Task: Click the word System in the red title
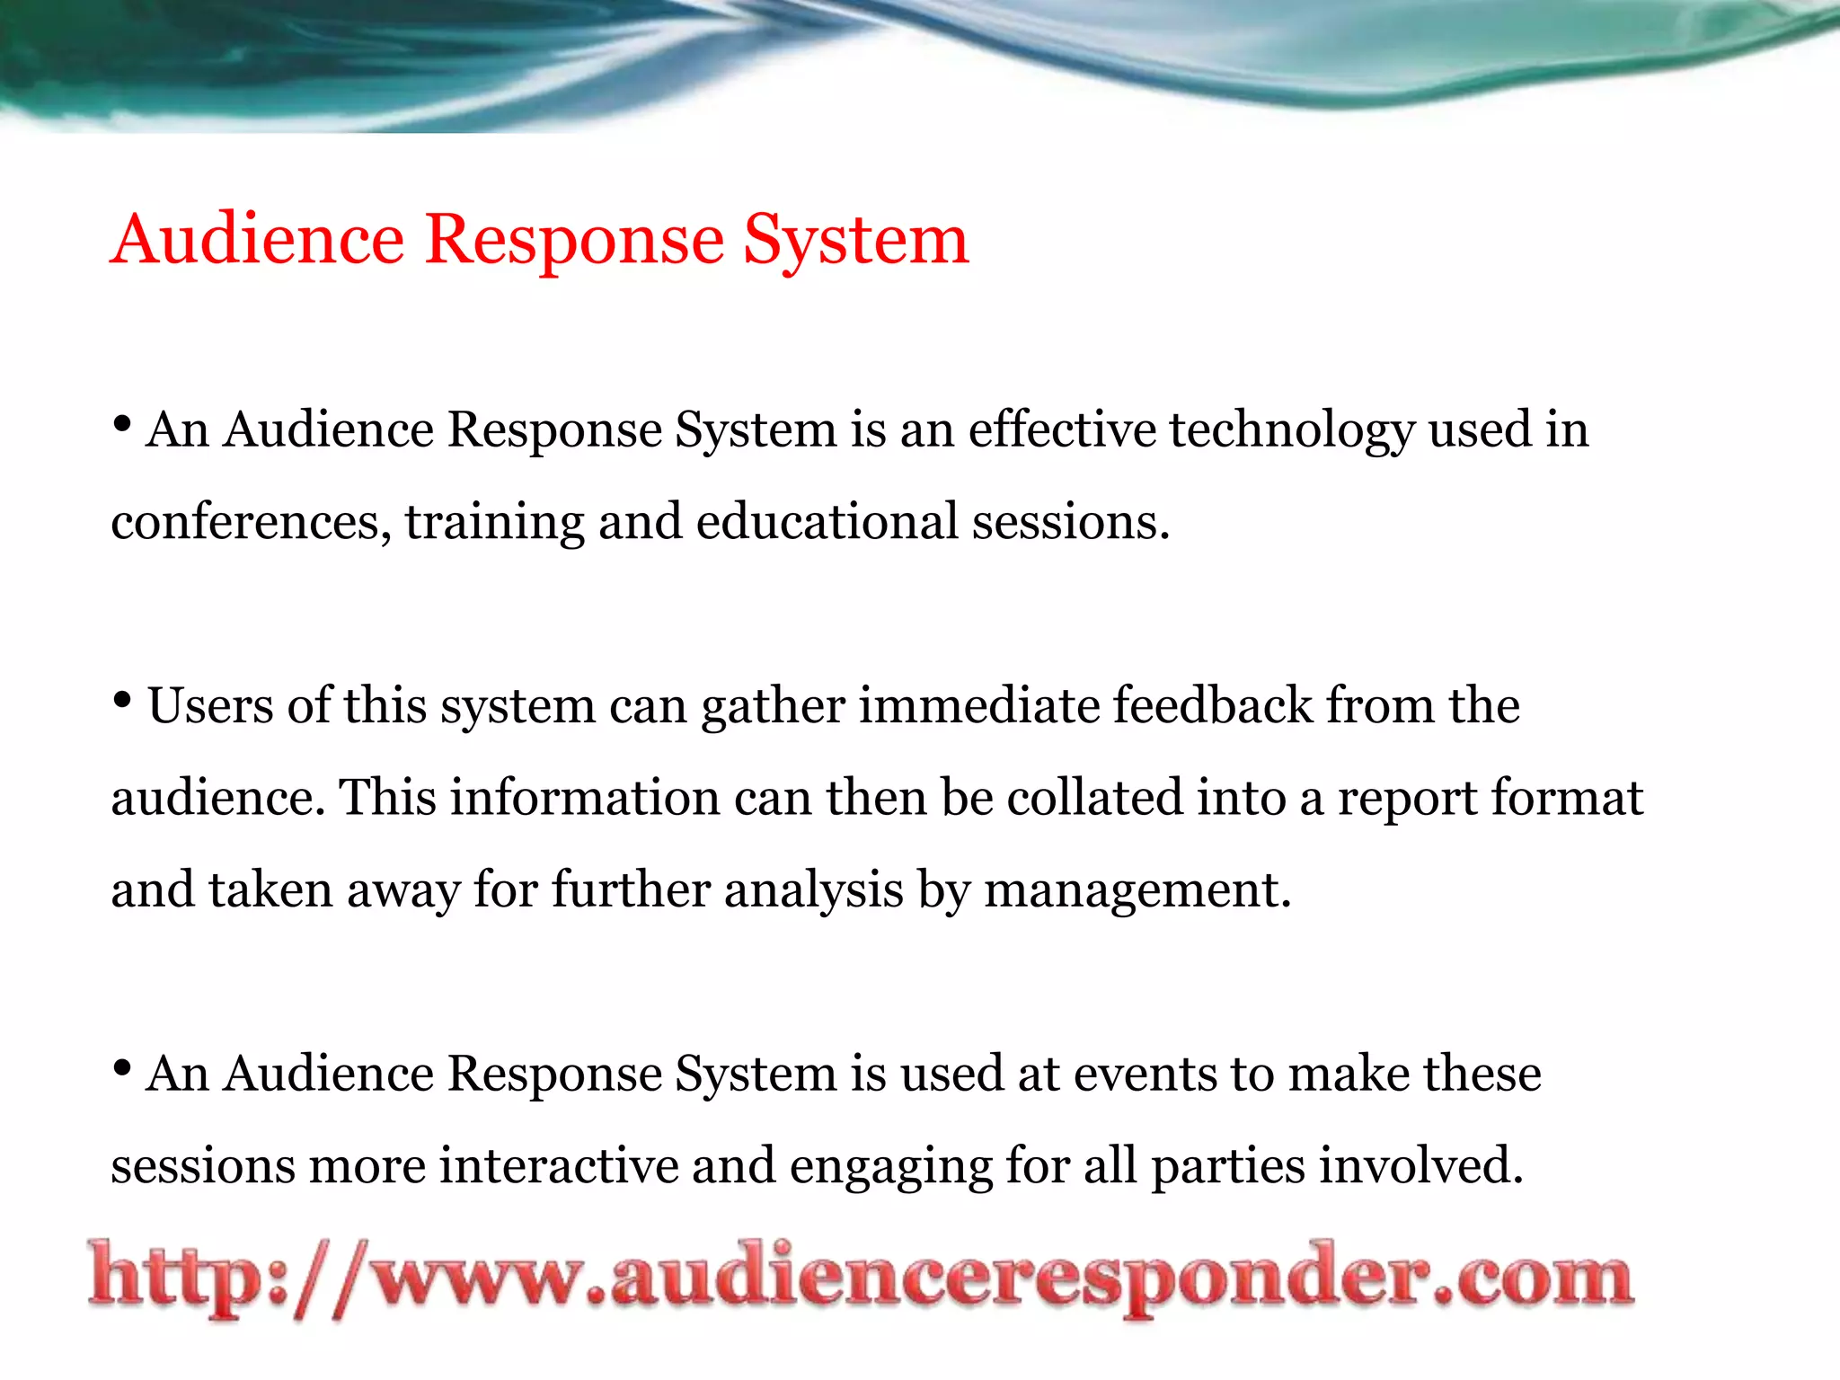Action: (x=856, y=241)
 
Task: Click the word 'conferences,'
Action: (x=251, y=522)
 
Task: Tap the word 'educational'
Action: (x=827, y=521)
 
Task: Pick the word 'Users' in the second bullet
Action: (x=210, y=705)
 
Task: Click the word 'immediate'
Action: (x=979, y=705)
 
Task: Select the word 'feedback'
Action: (x=1213, y=705)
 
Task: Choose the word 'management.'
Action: (x=1137, y=891)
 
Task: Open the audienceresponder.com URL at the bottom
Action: (x=861, y=1278)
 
